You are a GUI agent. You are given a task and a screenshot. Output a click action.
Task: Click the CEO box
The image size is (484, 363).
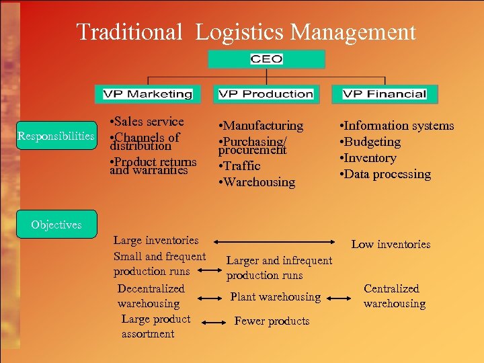tap(266, 59)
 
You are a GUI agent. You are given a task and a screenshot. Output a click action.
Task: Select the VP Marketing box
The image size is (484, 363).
tap(147, 94)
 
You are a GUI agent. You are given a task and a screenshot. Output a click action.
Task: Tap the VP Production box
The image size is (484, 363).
tap(266, 94)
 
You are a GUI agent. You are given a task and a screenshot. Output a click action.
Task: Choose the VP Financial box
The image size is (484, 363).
tap(385, 94)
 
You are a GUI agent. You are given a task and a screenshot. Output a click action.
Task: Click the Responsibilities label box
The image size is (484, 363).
tap(56, 136)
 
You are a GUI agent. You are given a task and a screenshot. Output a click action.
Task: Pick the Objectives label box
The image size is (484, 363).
tap(56, 225)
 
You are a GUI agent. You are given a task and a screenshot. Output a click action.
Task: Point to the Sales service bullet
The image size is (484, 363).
tap(147, 122)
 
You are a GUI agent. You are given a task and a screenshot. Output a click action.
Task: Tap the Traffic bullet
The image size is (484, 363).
tap(241, 166)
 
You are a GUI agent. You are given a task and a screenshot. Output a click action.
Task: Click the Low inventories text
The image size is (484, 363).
tap(391, 244)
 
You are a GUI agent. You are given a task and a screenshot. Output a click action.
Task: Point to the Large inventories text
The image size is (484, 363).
tap(156, 240)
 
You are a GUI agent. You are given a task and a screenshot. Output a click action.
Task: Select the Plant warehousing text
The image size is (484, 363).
tap(275, 296)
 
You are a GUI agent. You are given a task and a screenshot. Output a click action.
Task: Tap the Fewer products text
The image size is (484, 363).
tap(272, 321)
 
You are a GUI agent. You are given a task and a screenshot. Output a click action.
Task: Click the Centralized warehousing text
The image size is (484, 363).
tap(394, 296)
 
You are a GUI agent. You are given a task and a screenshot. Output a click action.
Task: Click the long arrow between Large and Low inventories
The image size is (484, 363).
tap(275, 241)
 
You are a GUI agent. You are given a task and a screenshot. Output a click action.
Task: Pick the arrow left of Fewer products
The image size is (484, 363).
tap(214, 323)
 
